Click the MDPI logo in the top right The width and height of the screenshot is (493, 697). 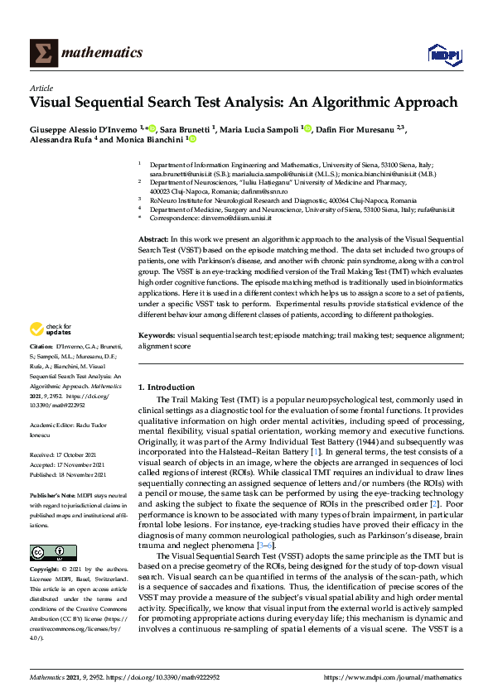(443, 54)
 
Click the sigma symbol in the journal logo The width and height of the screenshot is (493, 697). (42, 53)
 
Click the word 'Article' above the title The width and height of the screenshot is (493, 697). (41, 87)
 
